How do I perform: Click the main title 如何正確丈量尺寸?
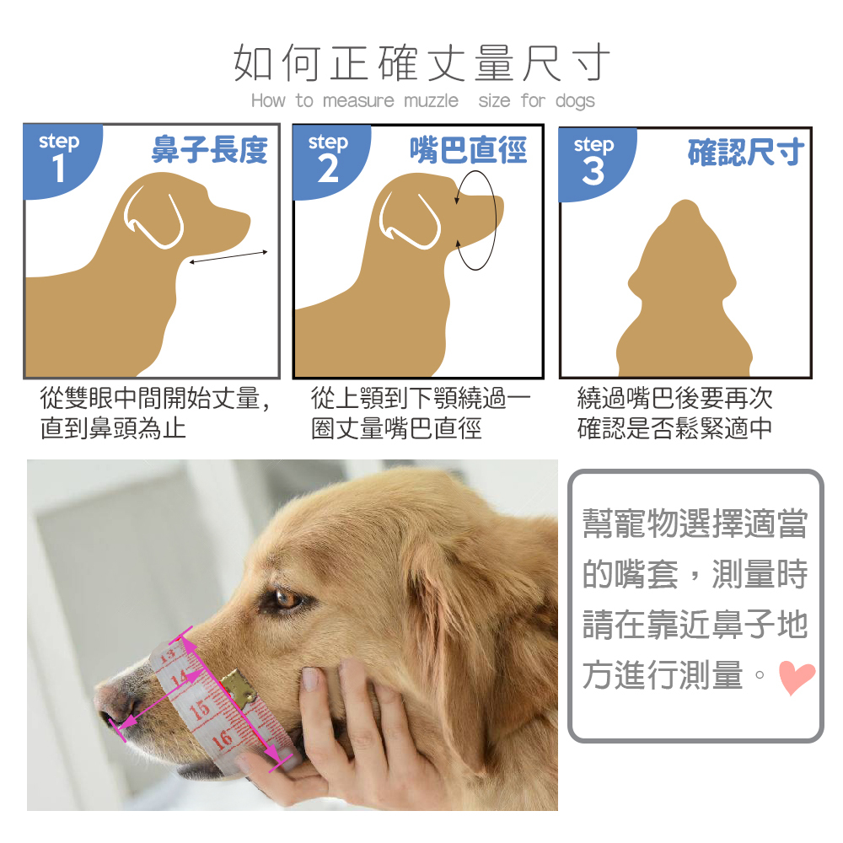click(x=422, y=63)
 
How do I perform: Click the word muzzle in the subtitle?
click(x=431, y=100)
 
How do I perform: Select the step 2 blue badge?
click(x=330, y=161)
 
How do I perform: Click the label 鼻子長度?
click(x=210, y=149)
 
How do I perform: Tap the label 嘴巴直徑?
click(x=468, y=149)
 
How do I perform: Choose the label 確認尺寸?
click(x=746, y=152)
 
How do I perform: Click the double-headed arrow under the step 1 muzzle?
click(x=228, y=257)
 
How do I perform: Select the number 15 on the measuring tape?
click(x=199, y=710)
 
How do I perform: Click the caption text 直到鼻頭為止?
click(x=113, y=428)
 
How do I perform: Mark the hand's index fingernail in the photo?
click(x=310, y=679)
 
